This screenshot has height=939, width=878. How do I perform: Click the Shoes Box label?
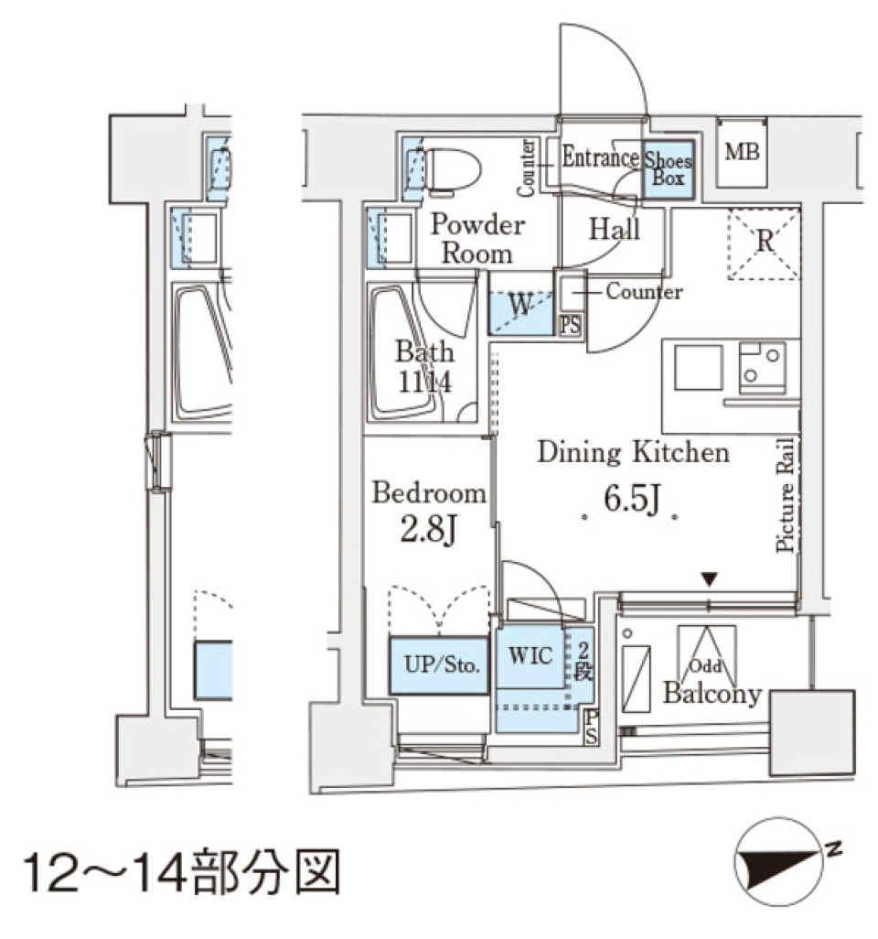[669, 169]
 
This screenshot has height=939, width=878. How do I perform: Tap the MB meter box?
[742, 152]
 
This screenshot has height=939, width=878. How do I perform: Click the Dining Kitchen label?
[633, 452]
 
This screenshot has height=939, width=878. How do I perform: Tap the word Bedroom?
[428, 494]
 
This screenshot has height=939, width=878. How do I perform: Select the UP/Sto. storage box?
[438, 665]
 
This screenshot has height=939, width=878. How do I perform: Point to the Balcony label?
[712, 695]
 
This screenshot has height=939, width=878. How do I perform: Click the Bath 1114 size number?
[423, 382]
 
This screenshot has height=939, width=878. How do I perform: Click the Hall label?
[614, 229]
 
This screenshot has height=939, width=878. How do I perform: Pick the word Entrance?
[600, 157]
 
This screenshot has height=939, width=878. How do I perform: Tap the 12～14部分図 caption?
[183, 874]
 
